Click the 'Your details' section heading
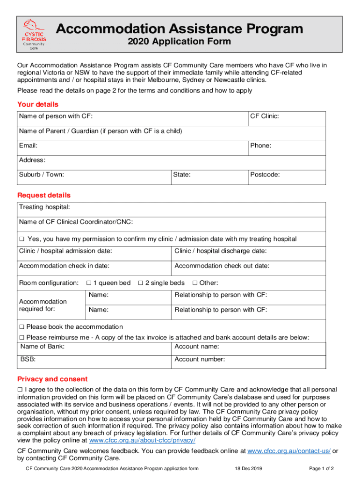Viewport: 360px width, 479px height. coord(38,104)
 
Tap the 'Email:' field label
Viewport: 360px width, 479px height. coord(28,146)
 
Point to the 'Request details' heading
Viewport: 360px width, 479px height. coord(44,195)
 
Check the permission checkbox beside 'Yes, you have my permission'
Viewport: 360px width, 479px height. coord(22,239)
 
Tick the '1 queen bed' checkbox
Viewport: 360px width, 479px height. coord(89,283)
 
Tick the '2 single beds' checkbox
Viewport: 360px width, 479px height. coord(141,283)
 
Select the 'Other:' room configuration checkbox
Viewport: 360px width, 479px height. coord(195,283)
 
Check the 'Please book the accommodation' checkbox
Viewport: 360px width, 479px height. coord(22,327)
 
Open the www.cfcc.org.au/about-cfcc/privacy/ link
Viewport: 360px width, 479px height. coord(142,441)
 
